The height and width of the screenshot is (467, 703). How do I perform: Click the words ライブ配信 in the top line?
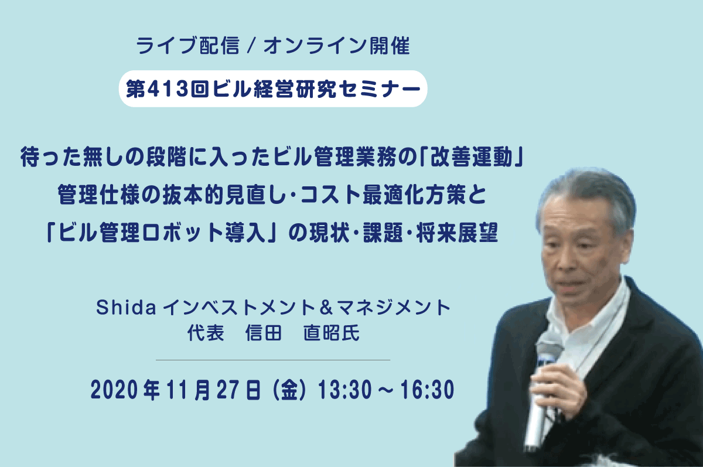coord(187,46)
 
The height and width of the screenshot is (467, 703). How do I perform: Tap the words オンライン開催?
coord(337,46)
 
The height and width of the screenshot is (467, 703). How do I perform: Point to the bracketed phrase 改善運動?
coord(472,156)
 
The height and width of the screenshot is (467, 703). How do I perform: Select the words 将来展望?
coord(457,233)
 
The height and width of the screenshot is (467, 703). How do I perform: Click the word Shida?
coord(126,307)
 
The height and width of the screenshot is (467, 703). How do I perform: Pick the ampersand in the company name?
coord(327,307)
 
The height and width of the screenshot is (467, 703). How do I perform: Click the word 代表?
coord(206,333)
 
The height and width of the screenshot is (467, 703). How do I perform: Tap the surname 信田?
coord(263,333)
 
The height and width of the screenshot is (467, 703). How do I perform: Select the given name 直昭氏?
coord(332,333)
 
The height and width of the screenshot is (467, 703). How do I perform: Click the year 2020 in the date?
coord(114,390)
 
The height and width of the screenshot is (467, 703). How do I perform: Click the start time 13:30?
coord(345,390)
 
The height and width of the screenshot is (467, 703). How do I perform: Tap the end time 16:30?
coord(427,390)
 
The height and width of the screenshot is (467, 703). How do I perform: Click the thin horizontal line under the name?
coord(273,360)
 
